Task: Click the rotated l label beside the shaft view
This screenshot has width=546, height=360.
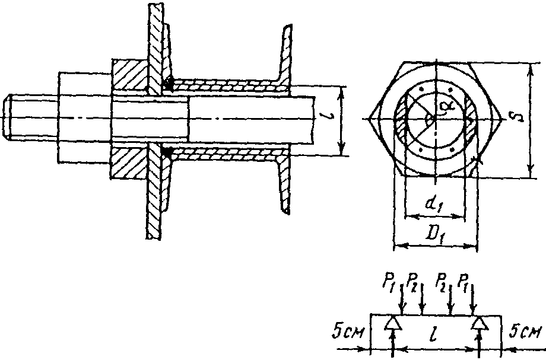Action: [329, 118]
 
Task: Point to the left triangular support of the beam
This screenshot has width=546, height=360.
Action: [392, 323]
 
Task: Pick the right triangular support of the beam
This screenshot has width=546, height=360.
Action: [480, 323]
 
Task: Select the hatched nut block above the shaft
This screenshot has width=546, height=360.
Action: [128, 75]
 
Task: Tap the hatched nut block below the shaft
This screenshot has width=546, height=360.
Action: [128, 163]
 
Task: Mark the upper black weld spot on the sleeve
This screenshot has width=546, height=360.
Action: [169, 83]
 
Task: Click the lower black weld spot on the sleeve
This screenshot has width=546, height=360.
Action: [168, 152]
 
